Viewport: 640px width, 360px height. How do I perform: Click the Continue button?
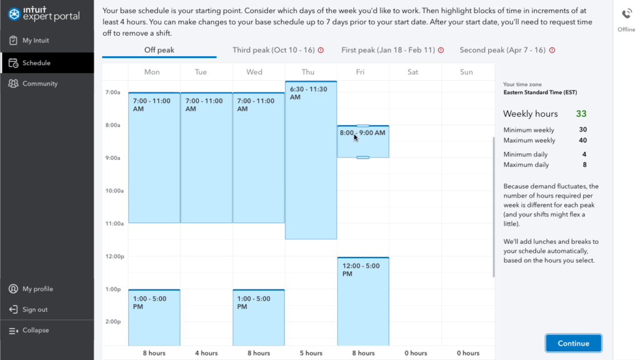point(573,343)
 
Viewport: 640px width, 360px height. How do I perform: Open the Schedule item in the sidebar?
point(36,62)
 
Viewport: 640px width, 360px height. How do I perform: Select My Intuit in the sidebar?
point(36,41)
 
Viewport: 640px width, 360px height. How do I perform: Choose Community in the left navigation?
point(40,84)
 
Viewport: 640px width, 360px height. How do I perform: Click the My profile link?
point(37,289)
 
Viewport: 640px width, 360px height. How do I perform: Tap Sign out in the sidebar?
point(35,309)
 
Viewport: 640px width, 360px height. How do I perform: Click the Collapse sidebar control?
point(36,330)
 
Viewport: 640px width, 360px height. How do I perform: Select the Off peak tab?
point(159,50)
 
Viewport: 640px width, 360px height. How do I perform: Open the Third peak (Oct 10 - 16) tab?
point(274,50)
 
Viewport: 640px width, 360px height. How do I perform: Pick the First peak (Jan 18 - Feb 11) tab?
point(388,50)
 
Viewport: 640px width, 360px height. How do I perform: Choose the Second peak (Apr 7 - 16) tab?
point(502,50)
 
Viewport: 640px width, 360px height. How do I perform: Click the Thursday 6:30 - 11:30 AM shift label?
point(308,93)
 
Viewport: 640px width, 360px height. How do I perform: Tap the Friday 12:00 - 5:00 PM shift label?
point(361,269)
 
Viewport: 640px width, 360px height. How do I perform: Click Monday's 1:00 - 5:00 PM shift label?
point(150,302)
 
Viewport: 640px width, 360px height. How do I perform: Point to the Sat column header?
point(412,72)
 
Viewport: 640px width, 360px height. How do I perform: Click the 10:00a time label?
point(113,191)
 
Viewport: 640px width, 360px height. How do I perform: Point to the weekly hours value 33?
point(581,114)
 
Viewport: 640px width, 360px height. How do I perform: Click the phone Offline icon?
point(626,15)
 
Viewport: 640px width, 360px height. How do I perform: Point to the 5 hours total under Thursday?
point(310,353)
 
